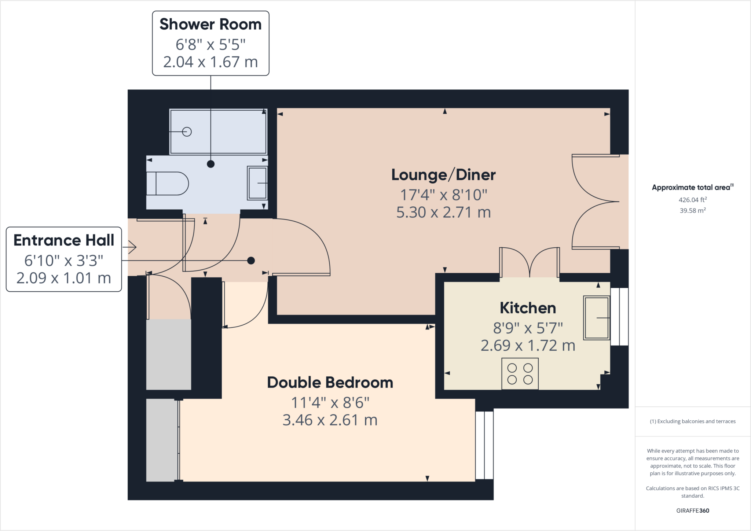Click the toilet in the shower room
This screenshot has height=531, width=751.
tap(167, 183)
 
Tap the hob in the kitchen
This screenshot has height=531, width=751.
tap(520, 374)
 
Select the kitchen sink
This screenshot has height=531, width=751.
tap(597, 318)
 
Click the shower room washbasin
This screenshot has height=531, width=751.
tap(257, 183)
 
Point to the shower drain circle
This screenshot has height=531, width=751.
tap(187, 132)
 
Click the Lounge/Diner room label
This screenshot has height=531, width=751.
tap(443, 175)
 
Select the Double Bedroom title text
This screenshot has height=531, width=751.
tap(330, 383)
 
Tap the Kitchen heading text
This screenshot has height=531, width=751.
tap(528, 308)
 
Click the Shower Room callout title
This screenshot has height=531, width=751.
tap(210, 24)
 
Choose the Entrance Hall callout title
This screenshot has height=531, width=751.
tap(64, 240)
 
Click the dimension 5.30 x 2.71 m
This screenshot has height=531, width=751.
tap(443, 213)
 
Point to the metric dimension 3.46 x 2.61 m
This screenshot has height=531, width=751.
tap(330, 420)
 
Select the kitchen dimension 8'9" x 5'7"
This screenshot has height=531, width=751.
tap(528, 328)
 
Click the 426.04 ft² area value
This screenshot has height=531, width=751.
tap(693, 200)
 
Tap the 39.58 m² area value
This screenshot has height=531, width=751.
tap(693, 210)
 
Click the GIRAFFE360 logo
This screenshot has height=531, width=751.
tap(693, 510)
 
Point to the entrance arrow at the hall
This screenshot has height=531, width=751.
tap(132, 247)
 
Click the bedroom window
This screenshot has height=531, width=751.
tap(484, 445)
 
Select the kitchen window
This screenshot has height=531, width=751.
tap(619, 317)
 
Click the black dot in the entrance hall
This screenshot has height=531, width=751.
tap(251, 261)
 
